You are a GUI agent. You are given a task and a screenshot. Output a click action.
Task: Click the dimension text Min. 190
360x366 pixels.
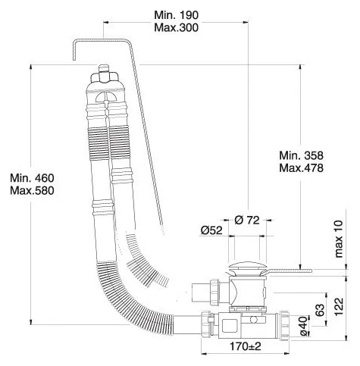(x=176, y=15)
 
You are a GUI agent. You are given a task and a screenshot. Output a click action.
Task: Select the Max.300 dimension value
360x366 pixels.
(x=176, y=27)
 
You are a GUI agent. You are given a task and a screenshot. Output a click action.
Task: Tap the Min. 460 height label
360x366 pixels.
(x=32, y=178)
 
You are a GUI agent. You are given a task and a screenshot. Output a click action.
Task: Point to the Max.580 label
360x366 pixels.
(x=32, y=191)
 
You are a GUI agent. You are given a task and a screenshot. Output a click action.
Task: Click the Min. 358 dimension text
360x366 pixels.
(x=301, y=155)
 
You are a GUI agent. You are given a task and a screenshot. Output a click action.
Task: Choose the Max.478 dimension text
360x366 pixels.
(x=301, y=167)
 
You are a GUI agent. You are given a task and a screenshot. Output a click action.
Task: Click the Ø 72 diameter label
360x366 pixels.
(x=247, y=221)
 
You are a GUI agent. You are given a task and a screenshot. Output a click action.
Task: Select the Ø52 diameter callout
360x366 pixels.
(x=211, y=230)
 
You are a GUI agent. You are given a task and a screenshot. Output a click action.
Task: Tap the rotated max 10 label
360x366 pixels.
(x=339, y=239)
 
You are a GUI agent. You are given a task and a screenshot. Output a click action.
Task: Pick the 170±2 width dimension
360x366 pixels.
(x=245, y=346)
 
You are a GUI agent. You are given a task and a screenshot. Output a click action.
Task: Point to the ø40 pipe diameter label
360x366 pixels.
(x=304, y=327)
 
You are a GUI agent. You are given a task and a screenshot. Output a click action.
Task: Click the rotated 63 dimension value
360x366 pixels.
(x=320, y=310)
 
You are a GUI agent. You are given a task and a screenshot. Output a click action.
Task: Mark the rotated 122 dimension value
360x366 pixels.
(x=339, y=307)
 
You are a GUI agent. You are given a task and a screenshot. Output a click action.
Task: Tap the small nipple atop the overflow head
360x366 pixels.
(x=103, y=68)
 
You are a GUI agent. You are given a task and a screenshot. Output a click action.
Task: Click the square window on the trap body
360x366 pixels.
(x=230, y=326)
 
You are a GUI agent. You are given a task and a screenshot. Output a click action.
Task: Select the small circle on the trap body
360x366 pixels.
(x=253, y=320)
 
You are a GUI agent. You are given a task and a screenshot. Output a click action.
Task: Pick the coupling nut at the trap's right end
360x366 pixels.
(x=284, y=326)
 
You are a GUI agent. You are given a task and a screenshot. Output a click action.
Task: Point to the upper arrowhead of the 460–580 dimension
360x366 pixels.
(x=31, y=67)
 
